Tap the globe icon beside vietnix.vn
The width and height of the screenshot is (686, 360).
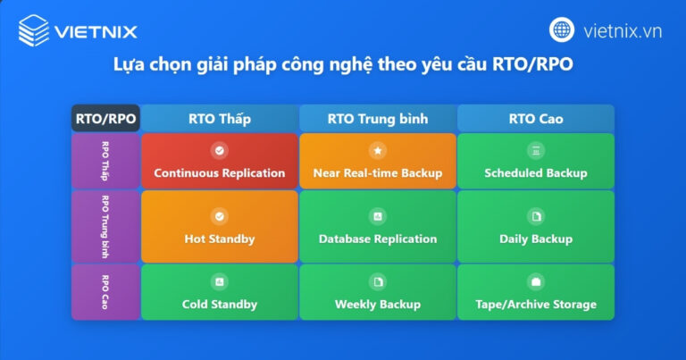click(x=562, y=30)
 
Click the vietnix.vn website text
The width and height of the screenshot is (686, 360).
click(x=622, y=31)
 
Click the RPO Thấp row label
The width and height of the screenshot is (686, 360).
click(x=105, y=161)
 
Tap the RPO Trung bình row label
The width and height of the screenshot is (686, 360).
click(x=105, y=226)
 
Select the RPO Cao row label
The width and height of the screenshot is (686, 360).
click(x=105, y=291)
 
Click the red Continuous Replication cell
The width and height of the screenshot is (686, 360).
click(x=219, y=161)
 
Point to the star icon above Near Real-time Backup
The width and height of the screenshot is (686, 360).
click(x=378, y=150)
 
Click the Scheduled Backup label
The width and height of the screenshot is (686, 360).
click(x=536, y=173)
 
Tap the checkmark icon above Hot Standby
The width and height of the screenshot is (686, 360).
click(x=220, y=216)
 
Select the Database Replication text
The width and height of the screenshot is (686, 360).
click(x=378, y=239)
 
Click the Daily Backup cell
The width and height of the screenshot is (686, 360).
click(x=536, y=227)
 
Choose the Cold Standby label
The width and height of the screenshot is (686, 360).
click(x=220, y=305)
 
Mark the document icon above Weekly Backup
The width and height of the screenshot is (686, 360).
click(x=378, y=282)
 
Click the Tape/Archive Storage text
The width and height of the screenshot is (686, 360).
click(x=536, y=305)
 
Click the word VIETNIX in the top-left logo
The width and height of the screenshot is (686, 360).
click(x=96, y=32)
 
